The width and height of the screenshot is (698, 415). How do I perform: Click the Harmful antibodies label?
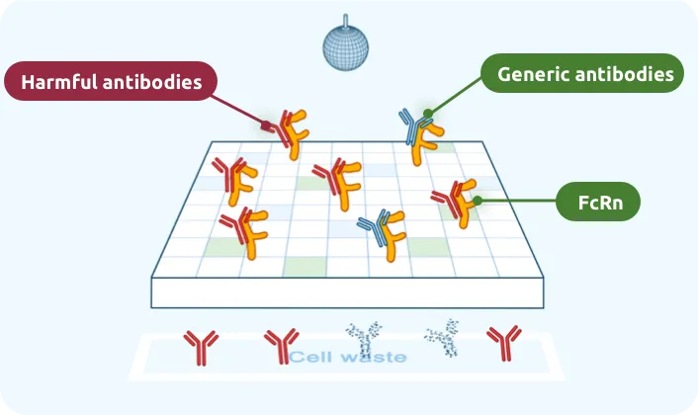pyautogui.click(x=111, y=82)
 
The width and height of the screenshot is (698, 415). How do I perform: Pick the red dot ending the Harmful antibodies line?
pyautogui.click(x=266, y=124)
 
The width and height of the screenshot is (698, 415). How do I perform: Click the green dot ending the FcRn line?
pyautogui.click(x=477, y=201)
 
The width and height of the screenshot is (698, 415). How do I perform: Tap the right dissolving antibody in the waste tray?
pyautogui.click(x=442, y=338)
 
